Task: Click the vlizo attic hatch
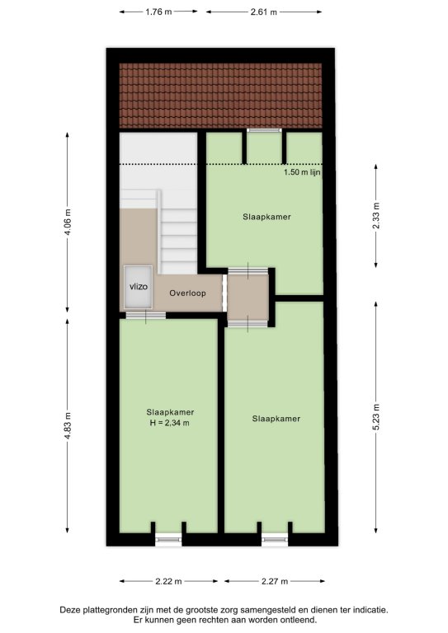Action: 138,287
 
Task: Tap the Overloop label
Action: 187,293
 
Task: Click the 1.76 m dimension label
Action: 158,12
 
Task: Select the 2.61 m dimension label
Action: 264,12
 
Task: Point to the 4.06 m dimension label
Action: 68,222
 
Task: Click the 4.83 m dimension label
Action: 68,426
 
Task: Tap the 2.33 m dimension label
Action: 376,216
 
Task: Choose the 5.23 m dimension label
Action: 376,417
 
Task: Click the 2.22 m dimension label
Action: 168,581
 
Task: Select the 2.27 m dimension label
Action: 275,581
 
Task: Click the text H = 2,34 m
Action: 170,423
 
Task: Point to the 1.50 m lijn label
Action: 302,172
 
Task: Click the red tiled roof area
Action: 220,96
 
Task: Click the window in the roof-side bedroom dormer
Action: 264,130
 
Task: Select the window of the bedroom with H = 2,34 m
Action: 168,539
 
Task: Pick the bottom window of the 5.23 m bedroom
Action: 275,539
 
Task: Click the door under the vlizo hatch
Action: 145,316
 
